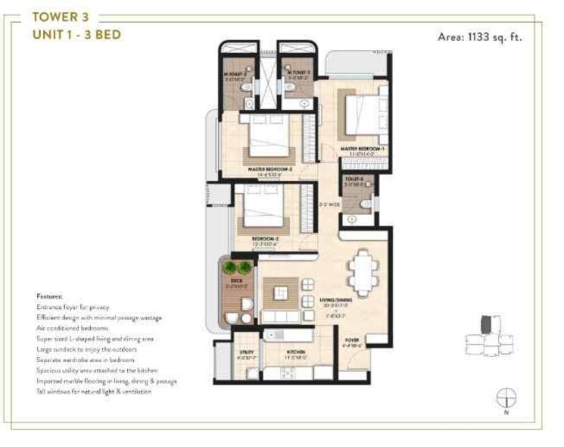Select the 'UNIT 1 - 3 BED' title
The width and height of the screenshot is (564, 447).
tap(76, 34)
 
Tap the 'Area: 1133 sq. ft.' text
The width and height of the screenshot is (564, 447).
tap(480, 36)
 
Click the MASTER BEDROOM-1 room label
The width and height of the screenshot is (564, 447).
tap(362, 148)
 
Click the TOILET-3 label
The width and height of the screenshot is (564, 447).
tap(354, 180)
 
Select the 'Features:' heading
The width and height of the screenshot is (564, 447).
tap(49, 296)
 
